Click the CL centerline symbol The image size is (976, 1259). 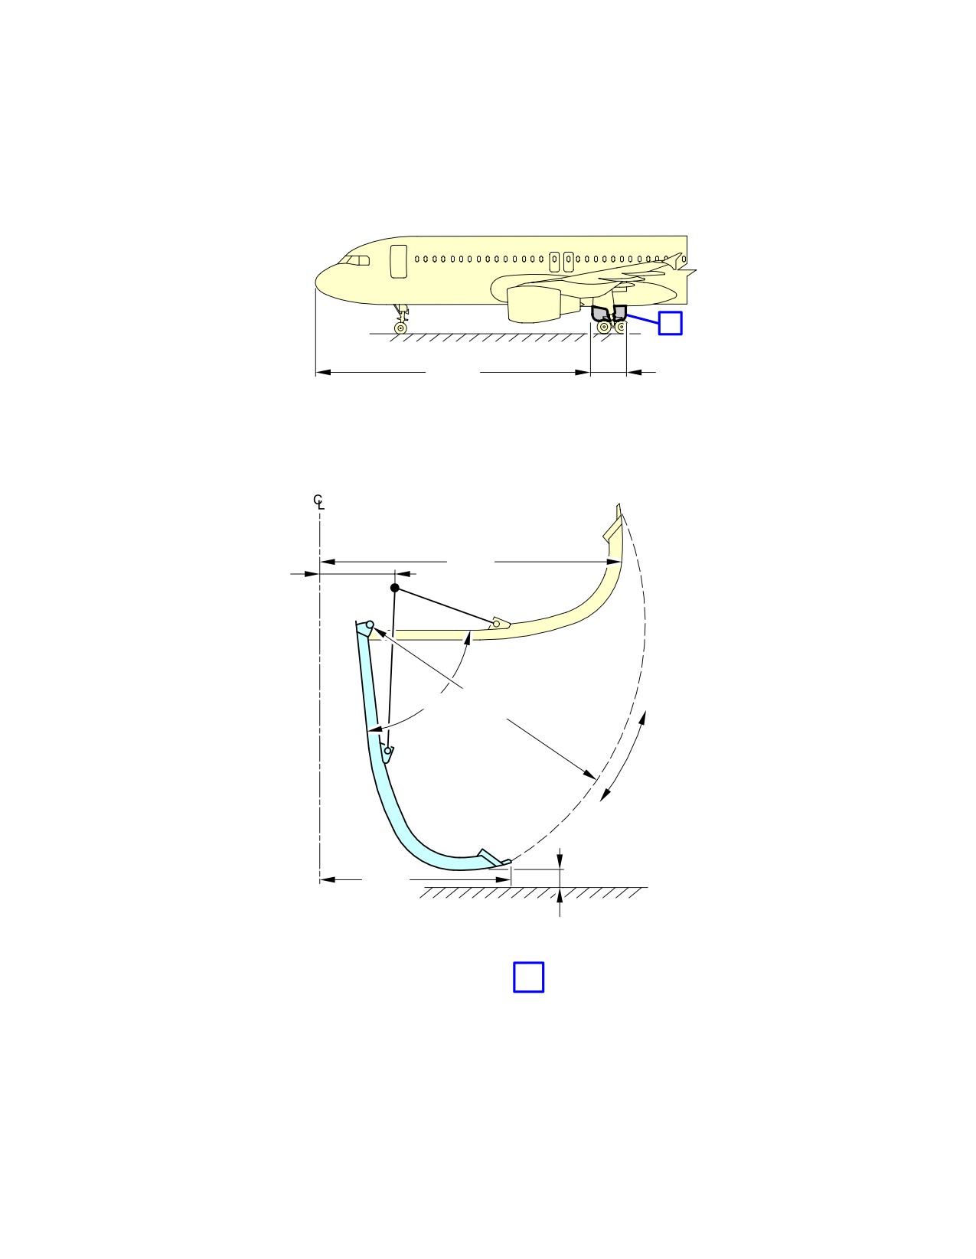point(318,502)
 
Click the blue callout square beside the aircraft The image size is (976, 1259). point(670,323)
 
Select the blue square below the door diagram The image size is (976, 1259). point(528,977)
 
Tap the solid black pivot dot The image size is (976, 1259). point(395,588)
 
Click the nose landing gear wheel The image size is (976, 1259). point(400,328)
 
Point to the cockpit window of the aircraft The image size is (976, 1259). point(354,260)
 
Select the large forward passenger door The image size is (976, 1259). point(399,261)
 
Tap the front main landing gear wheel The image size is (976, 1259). point(603,328)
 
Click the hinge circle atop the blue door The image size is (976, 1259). point(370,624)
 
